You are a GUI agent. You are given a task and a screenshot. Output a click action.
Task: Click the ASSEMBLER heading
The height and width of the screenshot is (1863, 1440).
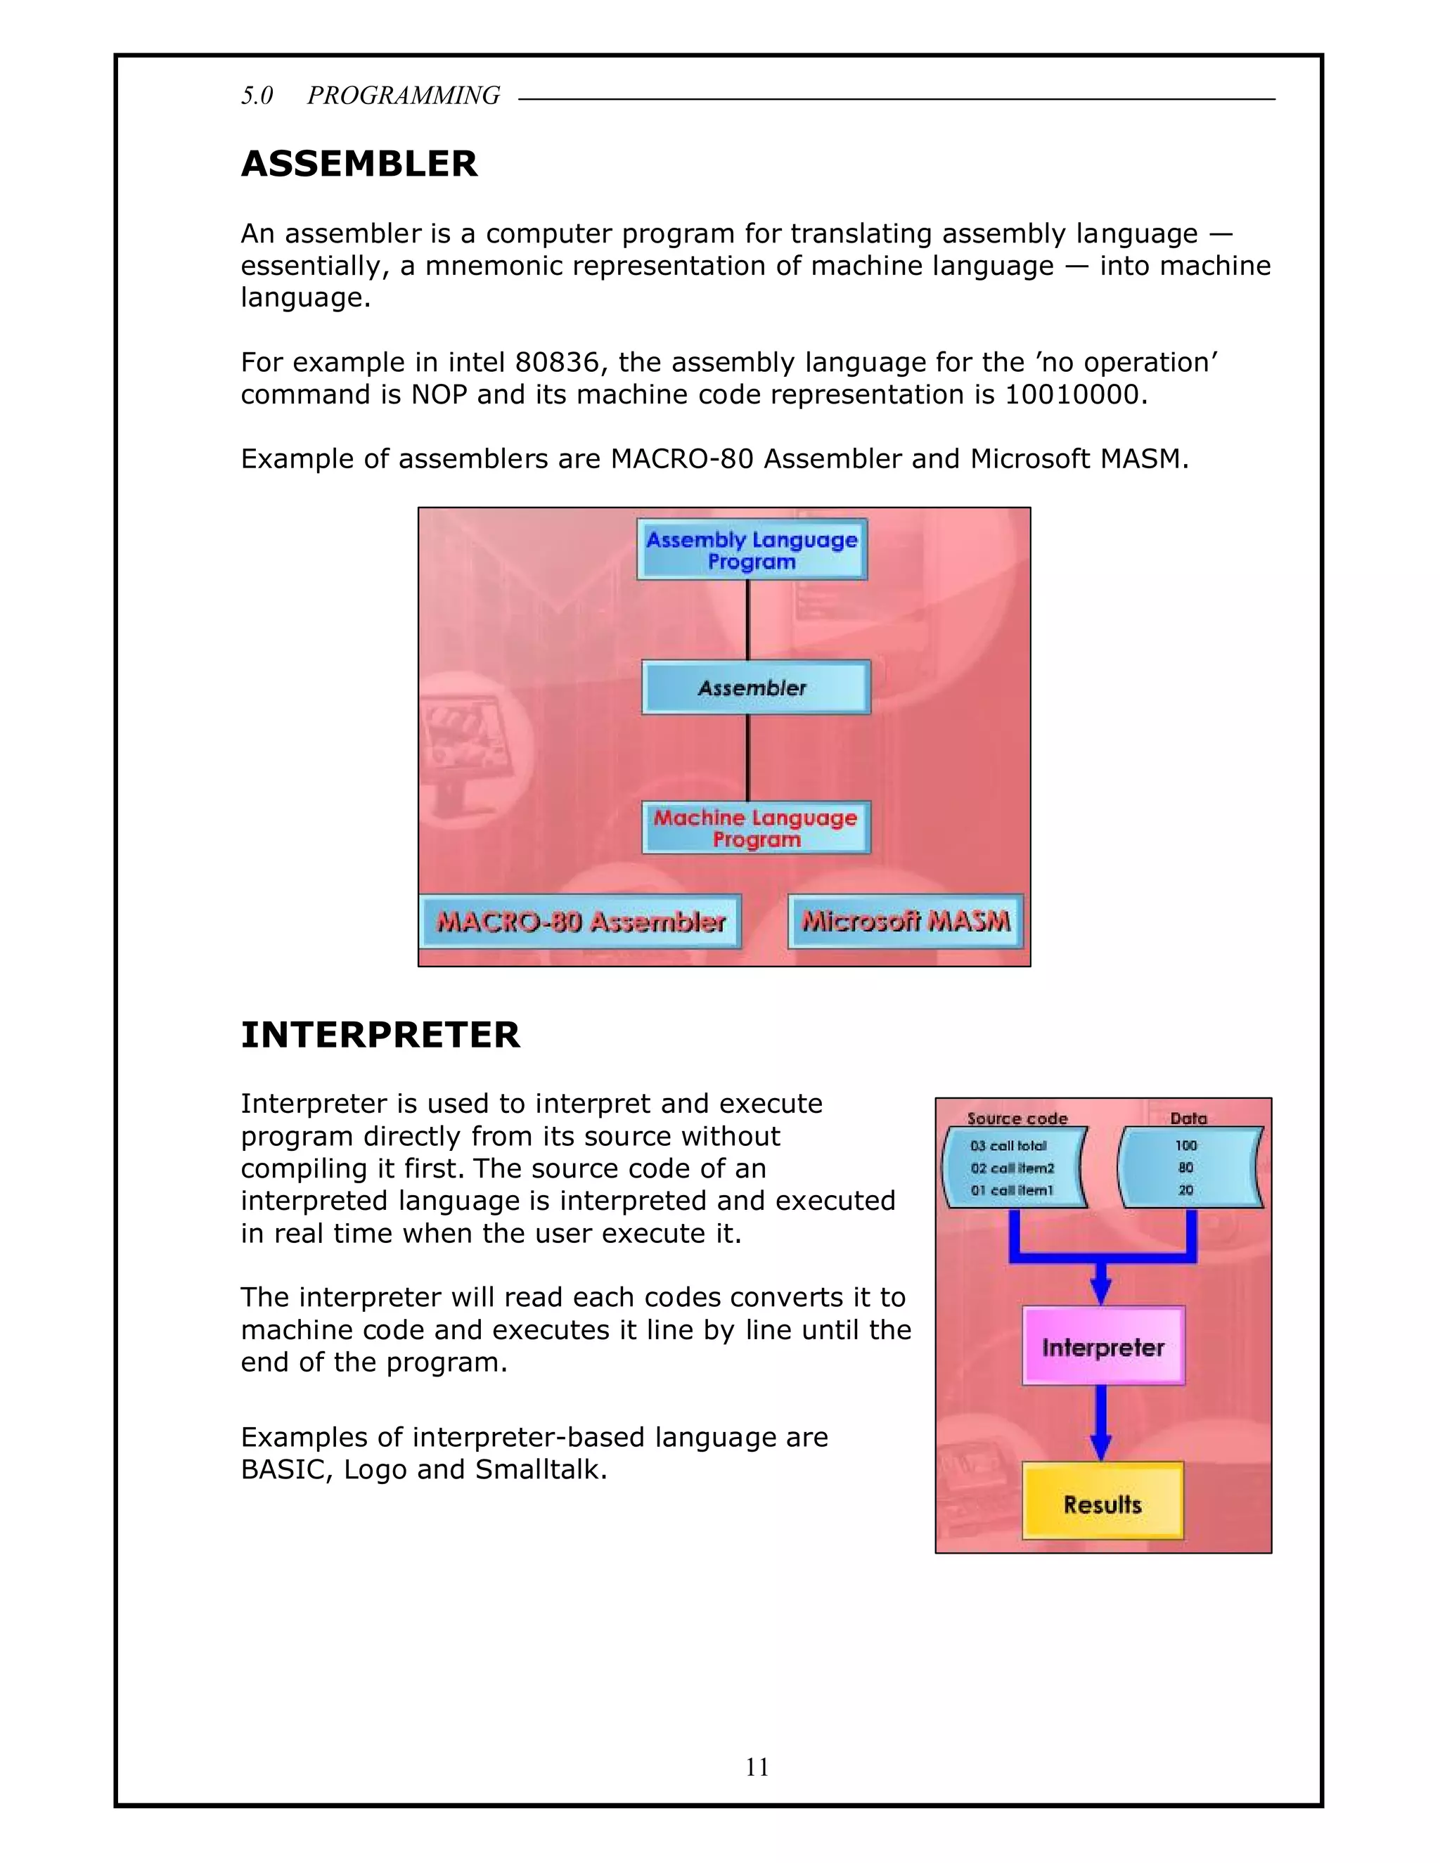[x=359, y=164]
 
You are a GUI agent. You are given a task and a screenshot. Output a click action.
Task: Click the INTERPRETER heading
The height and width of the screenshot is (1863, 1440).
[x=380, y=1035]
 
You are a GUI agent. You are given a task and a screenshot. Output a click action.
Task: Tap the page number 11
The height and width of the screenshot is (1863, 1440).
[x=757, y=1767]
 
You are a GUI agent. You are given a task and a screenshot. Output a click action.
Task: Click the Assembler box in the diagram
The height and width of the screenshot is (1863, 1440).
[x=756, y=688]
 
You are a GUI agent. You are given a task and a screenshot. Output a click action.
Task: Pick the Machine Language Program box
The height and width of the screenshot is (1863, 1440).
[x=756, y=827]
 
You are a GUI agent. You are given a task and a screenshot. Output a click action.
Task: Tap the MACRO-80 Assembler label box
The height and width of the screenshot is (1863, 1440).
[x=581, y=921]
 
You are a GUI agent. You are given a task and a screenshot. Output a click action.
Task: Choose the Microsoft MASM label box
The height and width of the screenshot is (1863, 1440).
[x=905, y=921]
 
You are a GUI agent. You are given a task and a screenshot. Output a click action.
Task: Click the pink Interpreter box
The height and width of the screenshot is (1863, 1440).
[x=1103, y=1347]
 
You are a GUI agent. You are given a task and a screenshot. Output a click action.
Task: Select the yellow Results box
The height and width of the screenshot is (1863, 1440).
[x=1102, y=1503]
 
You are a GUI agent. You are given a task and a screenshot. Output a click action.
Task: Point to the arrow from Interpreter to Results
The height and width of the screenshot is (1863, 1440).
[x=1101, y=1423]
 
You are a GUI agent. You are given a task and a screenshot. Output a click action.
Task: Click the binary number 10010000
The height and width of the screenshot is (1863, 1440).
[x=1072, y=395]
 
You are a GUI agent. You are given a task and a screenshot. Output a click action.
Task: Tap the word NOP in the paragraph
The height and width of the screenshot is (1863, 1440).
[x=439, y=395]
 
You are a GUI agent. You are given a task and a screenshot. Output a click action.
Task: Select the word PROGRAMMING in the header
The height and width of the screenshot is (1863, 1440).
[x=404, y=96]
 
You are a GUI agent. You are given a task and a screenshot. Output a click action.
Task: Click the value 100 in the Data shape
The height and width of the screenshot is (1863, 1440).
[x=1185, y=1146]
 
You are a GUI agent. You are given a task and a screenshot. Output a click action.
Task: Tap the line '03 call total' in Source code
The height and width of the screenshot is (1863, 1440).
[x=1008, y=1146]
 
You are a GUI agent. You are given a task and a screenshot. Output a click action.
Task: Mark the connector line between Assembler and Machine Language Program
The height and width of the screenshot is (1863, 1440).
[x=748, y=757]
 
